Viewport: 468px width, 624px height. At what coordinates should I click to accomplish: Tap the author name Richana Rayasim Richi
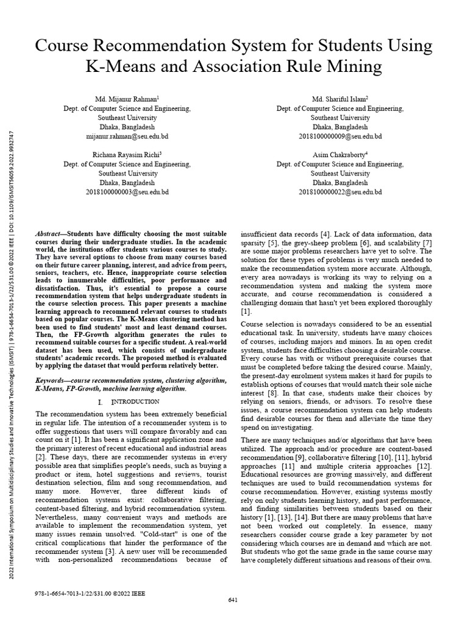(127, 155)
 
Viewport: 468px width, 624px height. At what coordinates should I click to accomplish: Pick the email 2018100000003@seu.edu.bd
(127, 192)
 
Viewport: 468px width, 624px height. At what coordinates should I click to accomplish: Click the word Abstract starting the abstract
(51, 234)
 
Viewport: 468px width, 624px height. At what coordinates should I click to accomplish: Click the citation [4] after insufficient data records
(326, 234)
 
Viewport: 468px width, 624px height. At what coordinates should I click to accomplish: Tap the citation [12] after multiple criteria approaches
(424, 466)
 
